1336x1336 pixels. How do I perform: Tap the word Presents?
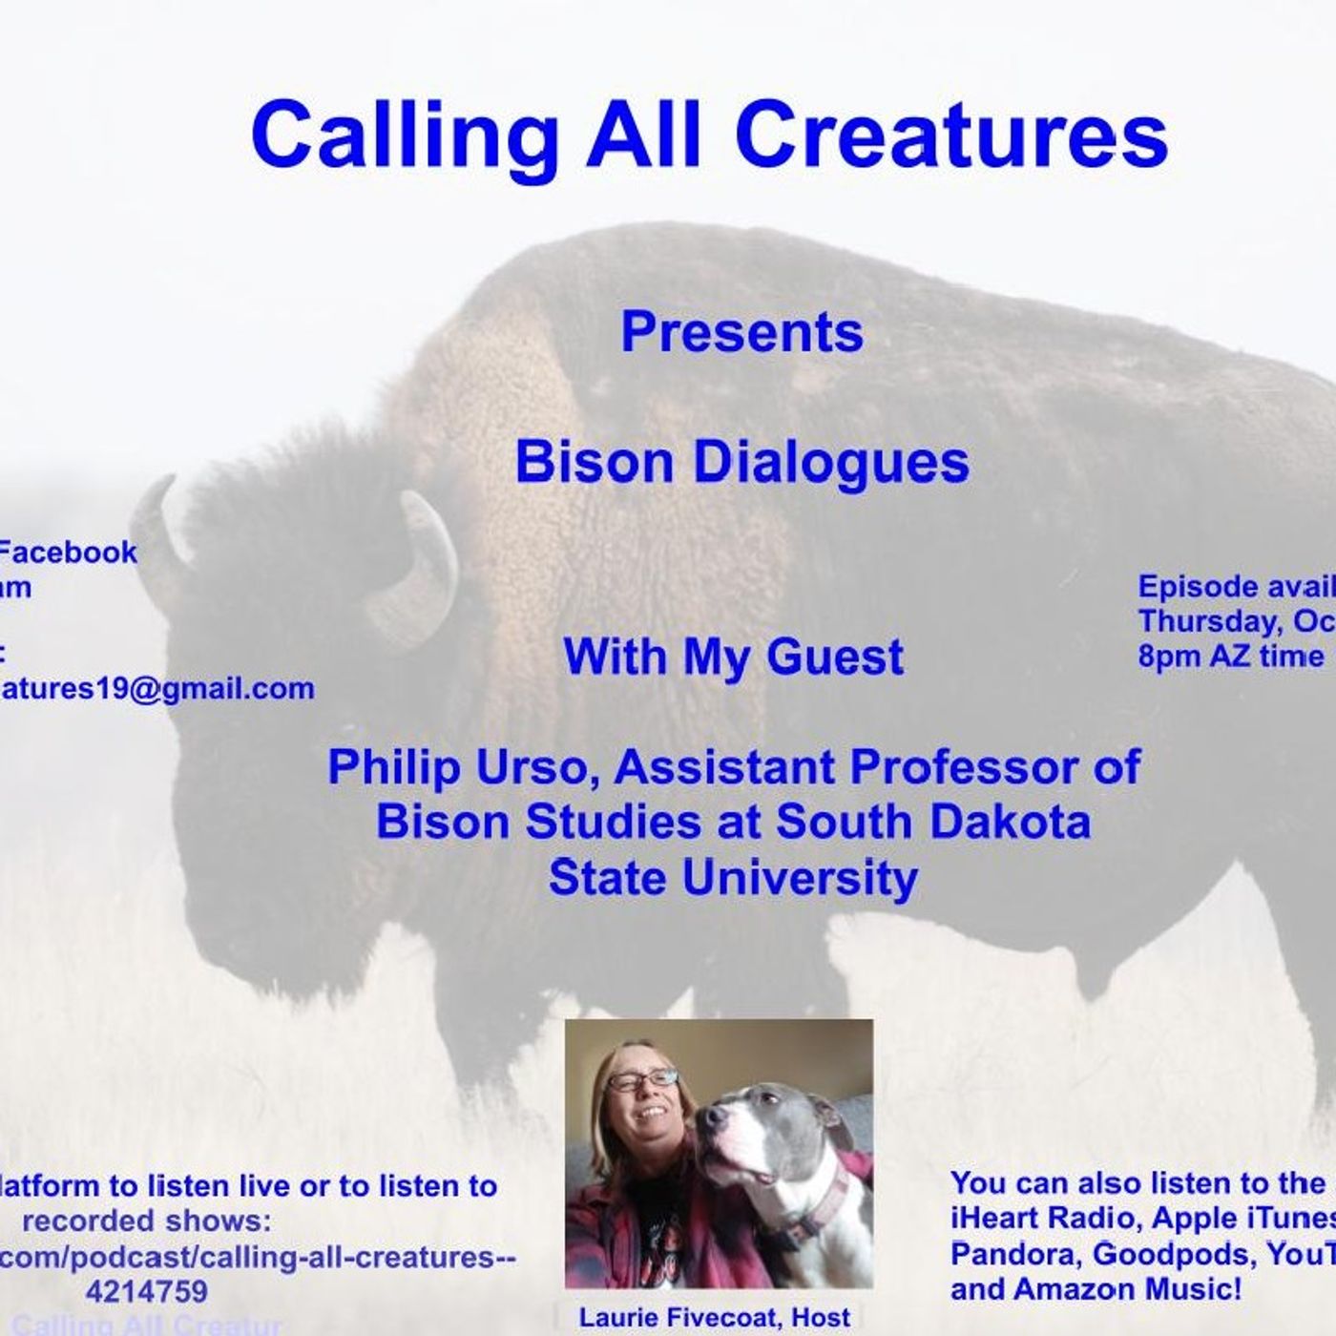pos(741,332)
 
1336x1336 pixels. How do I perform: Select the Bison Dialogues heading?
pos(741,461)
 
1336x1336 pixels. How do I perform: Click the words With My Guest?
pos(733,657)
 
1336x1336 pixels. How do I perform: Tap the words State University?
pos(733,877)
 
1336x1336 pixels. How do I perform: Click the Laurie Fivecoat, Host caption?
pos(714,1317)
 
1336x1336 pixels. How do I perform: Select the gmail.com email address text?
pos(157,688)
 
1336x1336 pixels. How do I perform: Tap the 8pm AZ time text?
pos(1230,656)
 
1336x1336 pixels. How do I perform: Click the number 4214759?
pos(146,1291)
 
